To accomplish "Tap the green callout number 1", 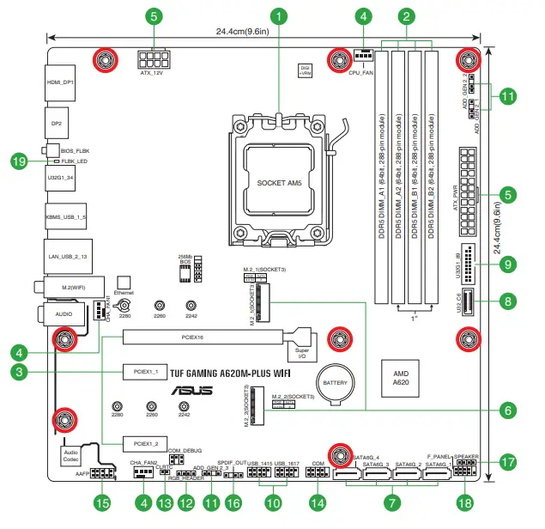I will [x=279, y=15].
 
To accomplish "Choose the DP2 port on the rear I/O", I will [x=57, y=124].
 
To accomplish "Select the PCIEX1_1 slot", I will [x=142, y=373].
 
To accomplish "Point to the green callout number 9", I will [x=508, y=264].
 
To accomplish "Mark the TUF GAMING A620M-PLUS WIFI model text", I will [x=224, y=373].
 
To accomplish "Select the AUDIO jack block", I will [x=64, y=313].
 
